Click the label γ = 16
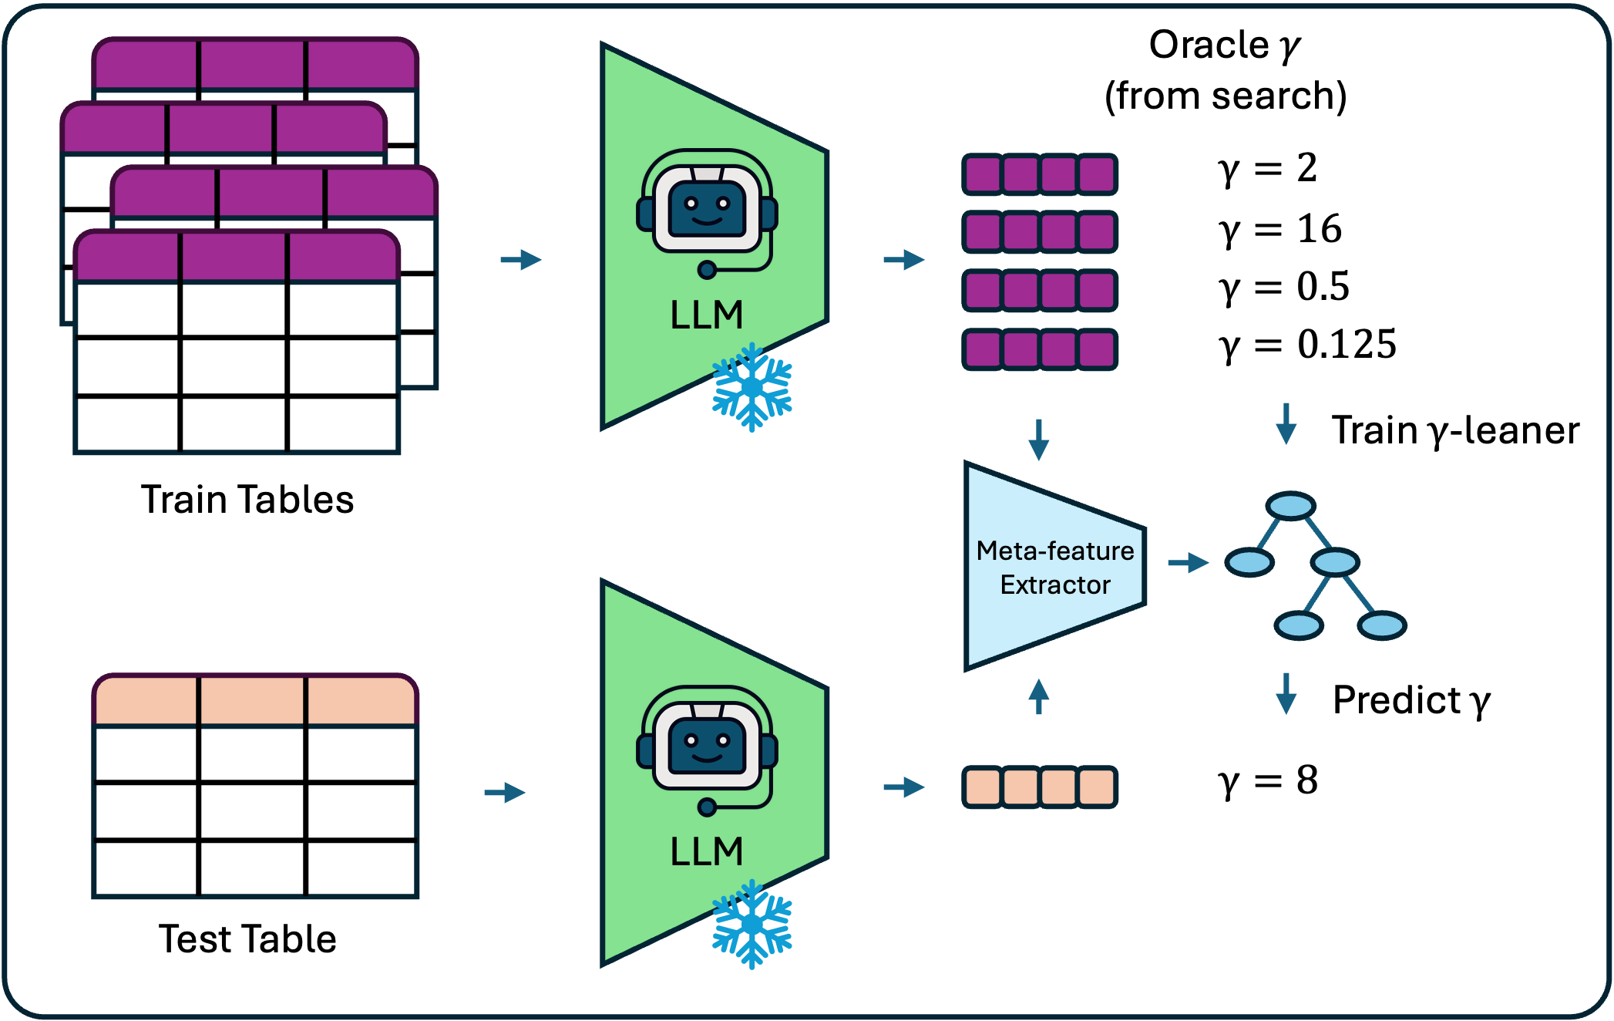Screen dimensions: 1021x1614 click(1279, 229)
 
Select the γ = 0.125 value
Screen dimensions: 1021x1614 click(1307, 344)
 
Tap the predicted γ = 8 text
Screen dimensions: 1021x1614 click(1268, 780)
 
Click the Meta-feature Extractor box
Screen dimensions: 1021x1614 click(1054, 568)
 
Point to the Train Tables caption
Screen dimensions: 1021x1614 click(247, 500)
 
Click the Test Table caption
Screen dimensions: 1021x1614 click(247, 939)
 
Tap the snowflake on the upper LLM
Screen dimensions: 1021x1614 click(752, 387)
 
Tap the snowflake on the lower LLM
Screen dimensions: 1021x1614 click(752, 924)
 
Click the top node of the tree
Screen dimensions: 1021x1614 click(1290, 506)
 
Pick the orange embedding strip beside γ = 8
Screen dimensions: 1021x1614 click(1040, 787)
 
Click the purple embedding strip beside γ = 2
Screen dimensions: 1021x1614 click(1040, 174)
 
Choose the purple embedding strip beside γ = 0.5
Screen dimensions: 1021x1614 click(1040, 290)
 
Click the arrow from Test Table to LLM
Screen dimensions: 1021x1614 click(505, 792)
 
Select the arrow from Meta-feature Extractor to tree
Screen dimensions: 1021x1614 click(1188, 563)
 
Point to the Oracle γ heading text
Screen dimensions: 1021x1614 click(1225, 69)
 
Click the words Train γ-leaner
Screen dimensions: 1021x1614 click(1455, 430)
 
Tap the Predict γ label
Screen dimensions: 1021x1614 click(1411, 700)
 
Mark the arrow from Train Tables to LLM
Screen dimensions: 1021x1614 click(521, 259)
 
